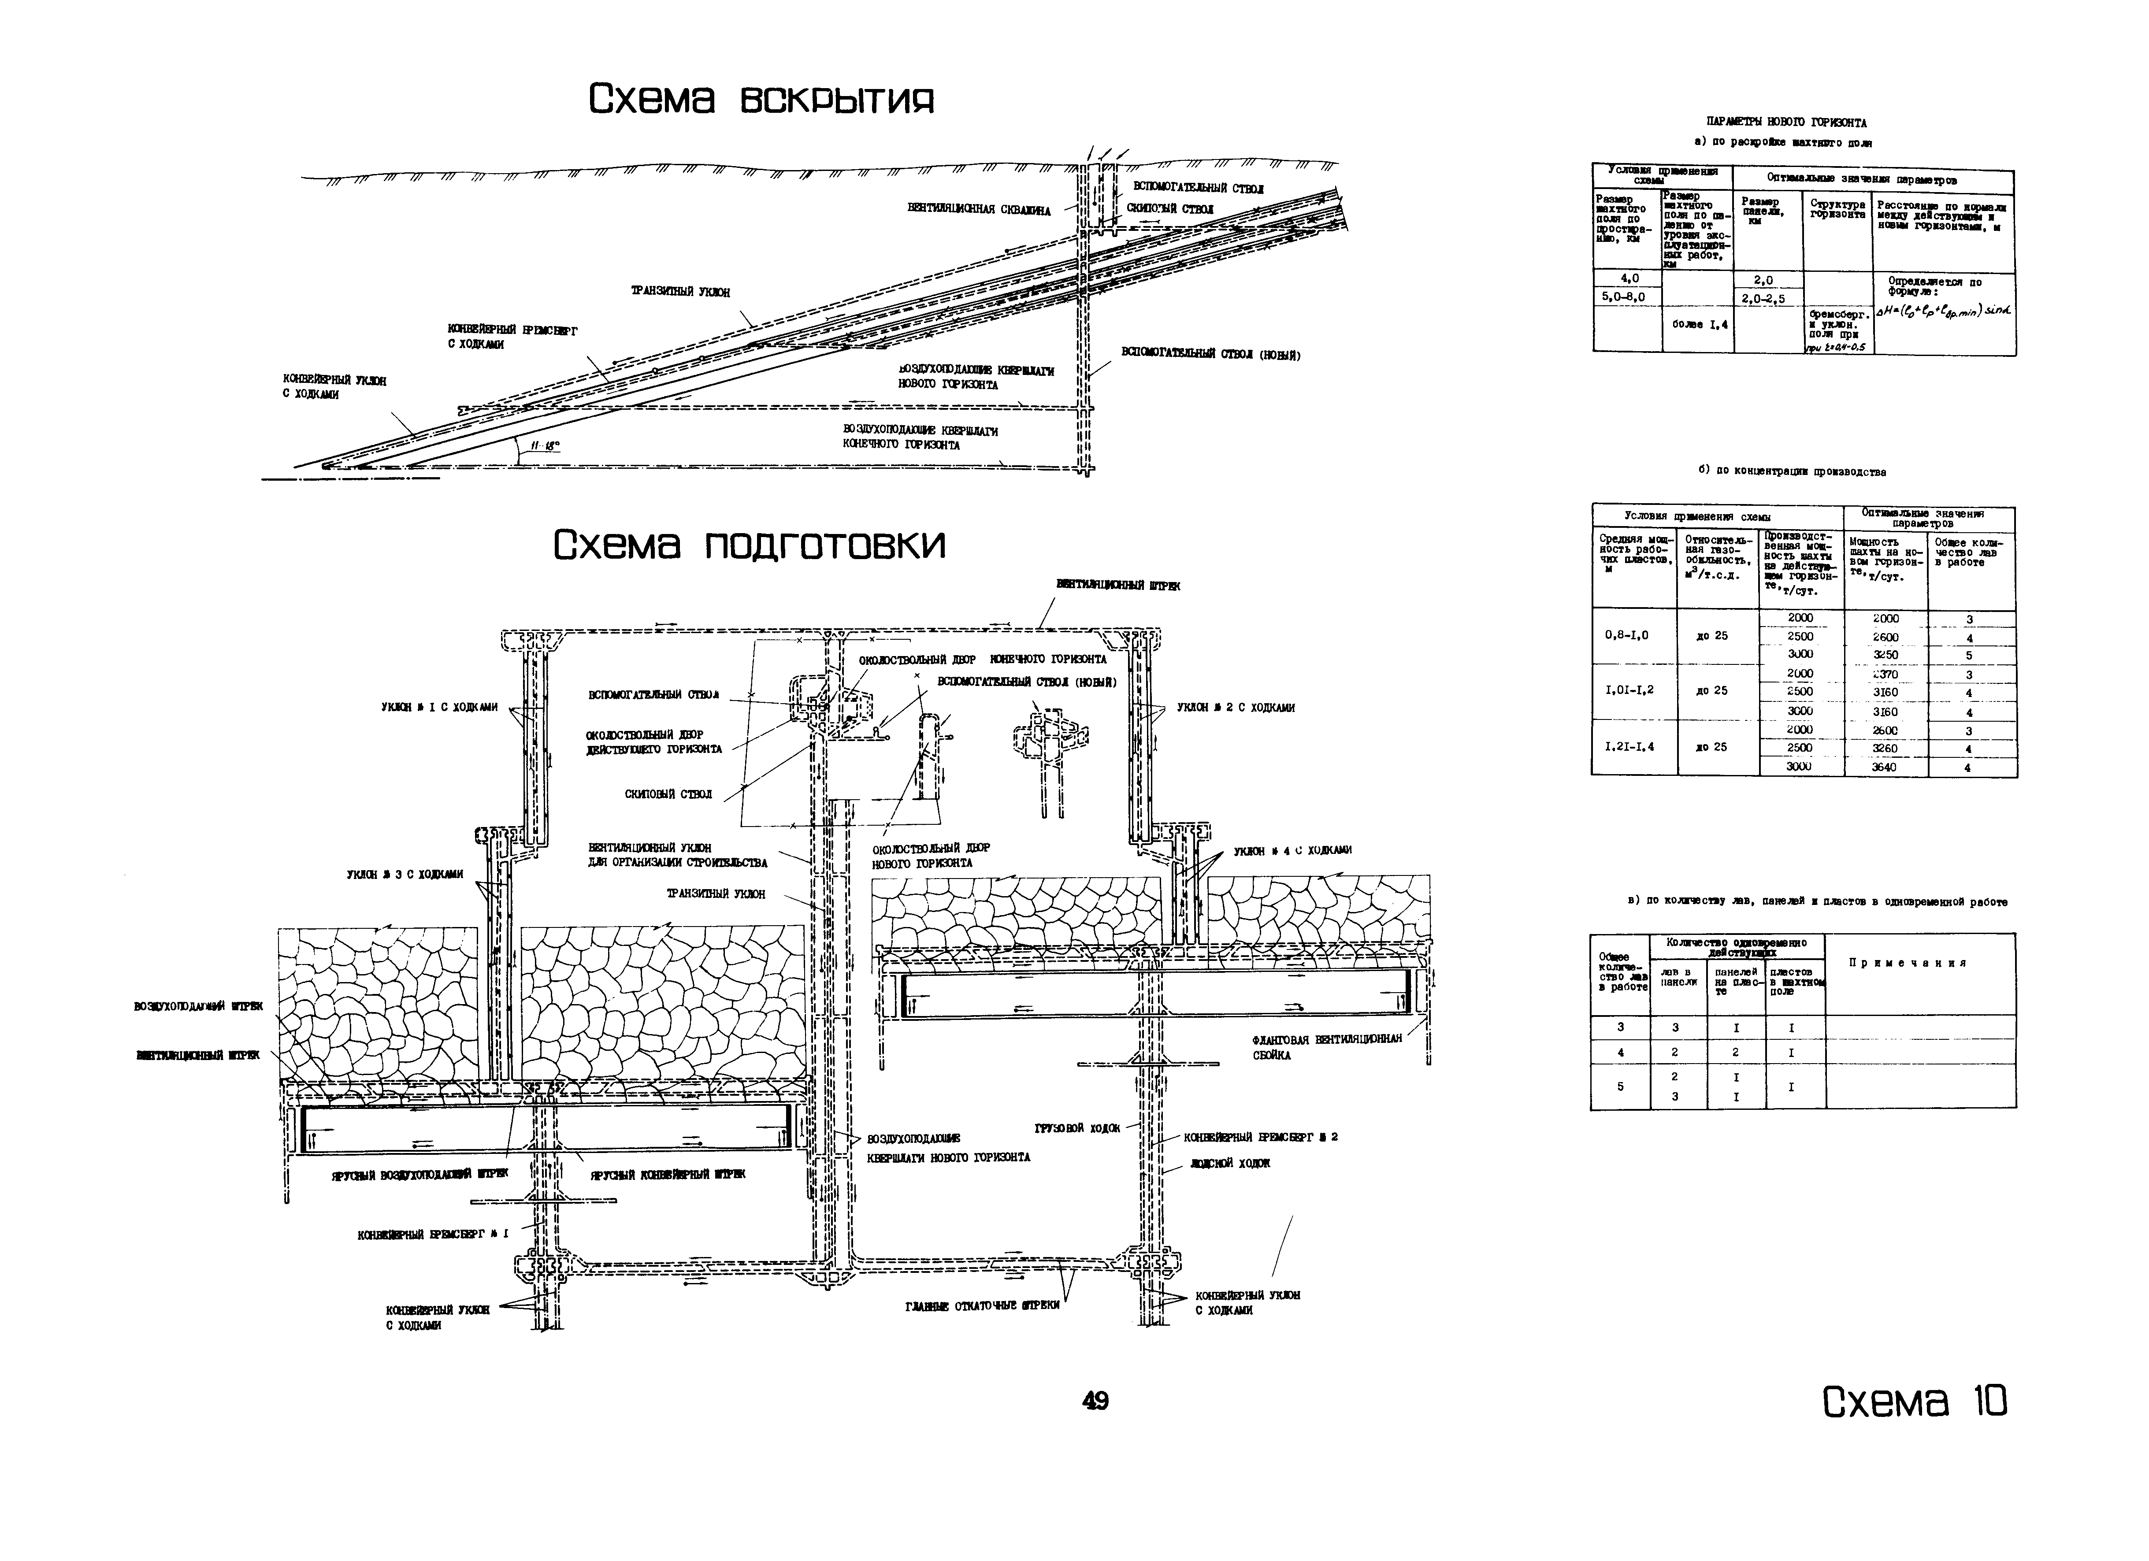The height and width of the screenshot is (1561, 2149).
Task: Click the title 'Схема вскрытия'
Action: click(761, 99)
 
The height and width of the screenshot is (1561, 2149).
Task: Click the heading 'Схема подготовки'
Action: click(749, 545)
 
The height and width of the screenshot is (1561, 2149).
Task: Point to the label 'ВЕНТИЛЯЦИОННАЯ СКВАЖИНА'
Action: click(979, 210)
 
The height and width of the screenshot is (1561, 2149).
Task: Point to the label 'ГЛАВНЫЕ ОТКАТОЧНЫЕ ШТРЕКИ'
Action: click(982, 1305)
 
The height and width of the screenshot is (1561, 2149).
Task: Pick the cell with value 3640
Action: click(1885, 767)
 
